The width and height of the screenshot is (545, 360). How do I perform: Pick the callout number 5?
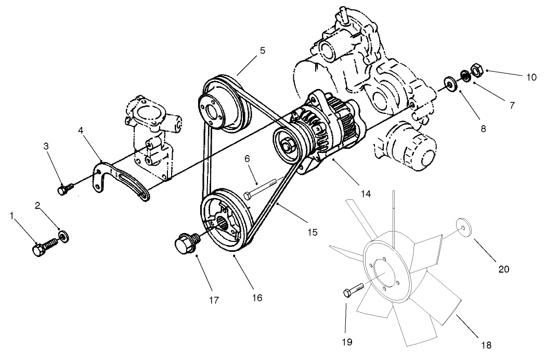(263, 50)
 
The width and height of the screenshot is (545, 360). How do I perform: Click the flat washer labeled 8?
(449, 84)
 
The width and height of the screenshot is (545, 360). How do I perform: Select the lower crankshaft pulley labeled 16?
(224, 224)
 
